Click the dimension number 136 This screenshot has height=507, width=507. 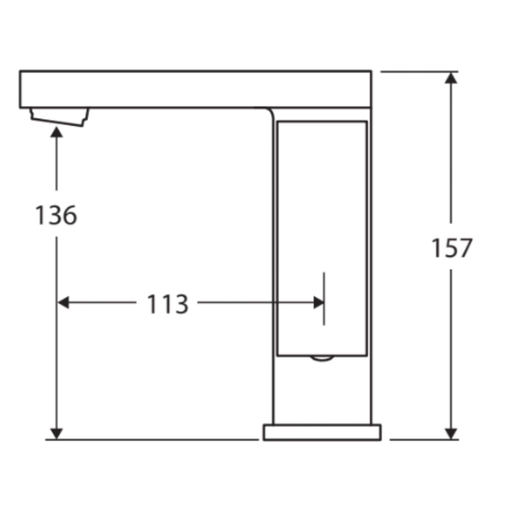[x=56, y=215]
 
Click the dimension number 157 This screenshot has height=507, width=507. [x=452, y=248]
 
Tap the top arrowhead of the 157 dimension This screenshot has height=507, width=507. [x=451, y=78]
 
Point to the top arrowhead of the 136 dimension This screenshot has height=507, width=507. [x=56, y=132]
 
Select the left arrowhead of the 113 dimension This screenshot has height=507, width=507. [x=63, y=303]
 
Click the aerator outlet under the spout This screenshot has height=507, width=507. [x=59, y=117]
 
